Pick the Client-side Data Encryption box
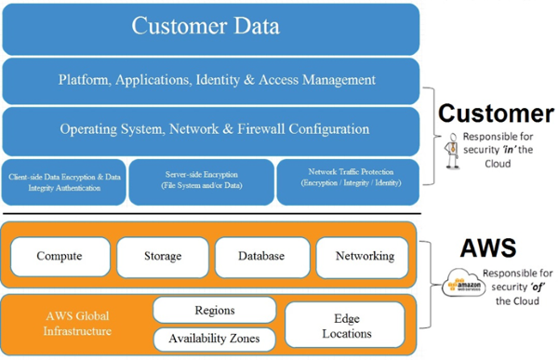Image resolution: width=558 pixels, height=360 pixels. point(63,180)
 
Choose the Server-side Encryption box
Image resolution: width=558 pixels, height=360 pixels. point(201,180)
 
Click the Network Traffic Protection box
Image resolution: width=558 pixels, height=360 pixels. point(349,180)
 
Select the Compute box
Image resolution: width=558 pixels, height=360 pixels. point(59,257)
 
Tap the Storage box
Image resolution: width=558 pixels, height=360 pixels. point(163,257)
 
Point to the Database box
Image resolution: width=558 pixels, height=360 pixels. point(261,257)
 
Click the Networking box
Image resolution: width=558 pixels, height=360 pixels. point(363,257)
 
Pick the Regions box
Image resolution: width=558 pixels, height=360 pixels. point(215,310)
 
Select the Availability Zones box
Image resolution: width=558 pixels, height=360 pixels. point(215,339)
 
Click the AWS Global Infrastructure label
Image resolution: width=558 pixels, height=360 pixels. point(79,323)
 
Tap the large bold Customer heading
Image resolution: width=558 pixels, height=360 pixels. point(496,114)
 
